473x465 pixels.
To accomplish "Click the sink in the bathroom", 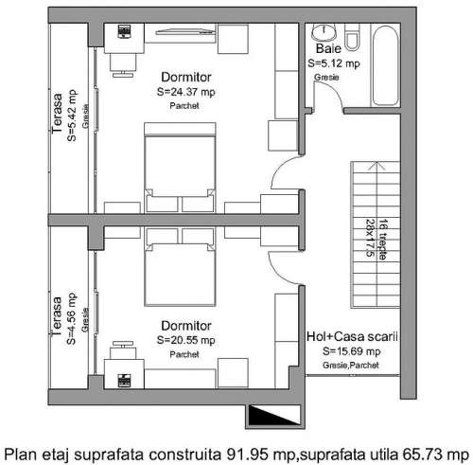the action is click(324, 31).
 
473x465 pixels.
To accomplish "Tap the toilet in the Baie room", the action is click(353, 37).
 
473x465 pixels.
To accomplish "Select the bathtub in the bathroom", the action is click(385, 65).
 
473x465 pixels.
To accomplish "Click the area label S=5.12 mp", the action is click(334, 63).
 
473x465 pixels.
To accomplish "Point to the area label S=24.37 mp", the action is click(186, 92).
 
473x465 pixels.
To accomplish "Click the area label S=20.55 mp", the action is click(186, 340).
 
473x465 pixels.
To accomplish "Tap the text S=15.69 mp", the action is click(352, 351).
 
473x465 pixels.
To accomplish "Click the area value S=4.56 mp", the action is click(71, 319).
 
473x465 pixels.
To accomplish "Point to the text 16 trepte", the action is click(382, 239).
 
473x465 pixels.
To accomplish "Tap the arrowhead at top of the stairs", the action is click(377, 166).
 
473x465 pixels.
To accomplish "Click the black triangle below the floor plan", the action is click(274, 416).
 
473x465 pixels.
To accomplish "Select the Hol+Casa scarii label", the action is click(352, 336).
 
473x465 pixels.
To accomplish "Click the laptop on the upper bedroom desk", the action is click(124, 32).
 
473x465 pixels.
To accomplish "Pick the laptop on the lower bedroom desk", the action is click(124, 381).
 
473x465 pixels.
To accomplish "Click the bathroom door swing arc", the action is click(333, 92).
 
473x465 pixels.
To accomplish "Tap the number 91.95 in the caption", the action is click(248, 455).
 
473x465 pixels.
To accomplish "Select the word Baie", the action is click(328, 48).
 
